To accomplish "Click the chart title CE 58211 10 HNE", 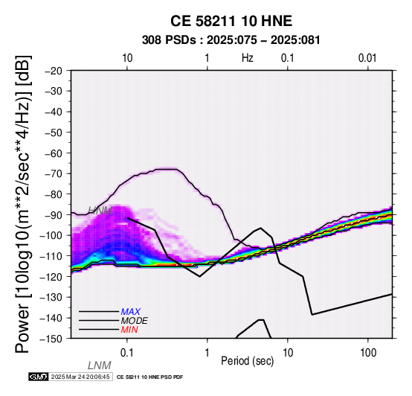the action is pos(231,21).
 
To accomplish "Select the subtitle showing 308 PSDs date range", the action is pos(231,40).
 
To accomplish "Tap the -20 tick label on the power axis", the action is pos(54,71).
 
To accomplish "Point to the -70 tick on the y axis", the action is pos(54,173).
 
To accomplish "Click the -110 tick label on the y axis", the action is pos(51,255).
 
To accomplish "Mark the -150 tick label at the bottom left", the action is pos(51,339).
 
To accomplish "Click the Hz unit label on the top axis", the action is pos(248,58).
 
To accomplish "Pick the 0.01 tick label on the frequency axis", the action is pos(367,58).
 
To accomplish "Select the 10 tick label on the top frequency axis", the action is pos(127,58).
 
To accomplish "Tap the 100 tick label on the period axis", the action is pos(368,353).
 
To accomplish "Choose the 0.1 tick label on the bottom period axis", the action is pos(127,353).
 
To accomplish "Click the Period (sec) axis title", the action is pos(248,361).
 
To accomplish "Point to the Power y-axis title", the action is pos(22,204).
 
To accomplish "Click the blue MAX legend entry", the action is pos(131,312).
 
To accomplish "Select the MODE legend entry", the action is pos(135,321).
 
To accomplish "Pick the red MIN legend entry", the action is pos(129,330).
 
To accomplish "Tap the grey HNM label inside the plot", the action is pos(100,211).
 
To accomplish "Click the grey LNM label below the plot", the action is pos(100,365).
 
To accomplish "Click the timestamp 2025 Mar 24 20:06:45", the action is pos(80,377).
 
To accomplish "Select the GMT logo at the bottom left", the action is pos(39,377).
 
